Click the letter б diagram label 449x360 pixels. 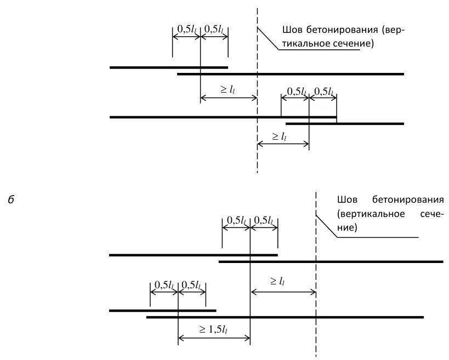[x=11, y=199]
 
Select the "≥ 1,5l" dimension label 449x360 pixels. [x=214, y=330]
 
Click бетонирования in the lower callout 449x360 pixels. [x=408, y=199]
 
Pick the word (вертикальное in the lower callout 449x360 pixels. [x=371, y=214]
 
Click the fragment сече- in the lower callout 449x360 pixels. [x=432, y=214]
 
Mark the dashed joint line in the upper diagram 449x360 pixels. [x=257, y=90]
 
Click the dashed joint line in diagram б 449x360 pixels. [x=316, y=275]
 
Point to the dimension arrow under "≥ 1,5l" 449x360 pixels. [x=214, y=339]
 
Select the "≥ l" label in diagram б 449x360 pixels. [x=277, y=281]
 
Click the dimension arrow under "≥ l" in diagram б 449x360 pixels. [x=283, y=292]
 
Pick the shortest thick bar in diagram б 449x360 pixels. [x=163, y=311]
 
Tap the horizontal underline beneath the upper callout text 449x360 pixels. [x=319, y=50]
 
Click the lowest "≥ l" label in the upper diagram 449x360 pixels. [x=279, y=136]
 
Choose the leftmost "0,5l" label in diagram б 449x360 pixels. [x=164, y=285]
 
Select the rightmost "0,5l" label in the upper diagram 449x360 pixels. [x=324, y=92]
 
